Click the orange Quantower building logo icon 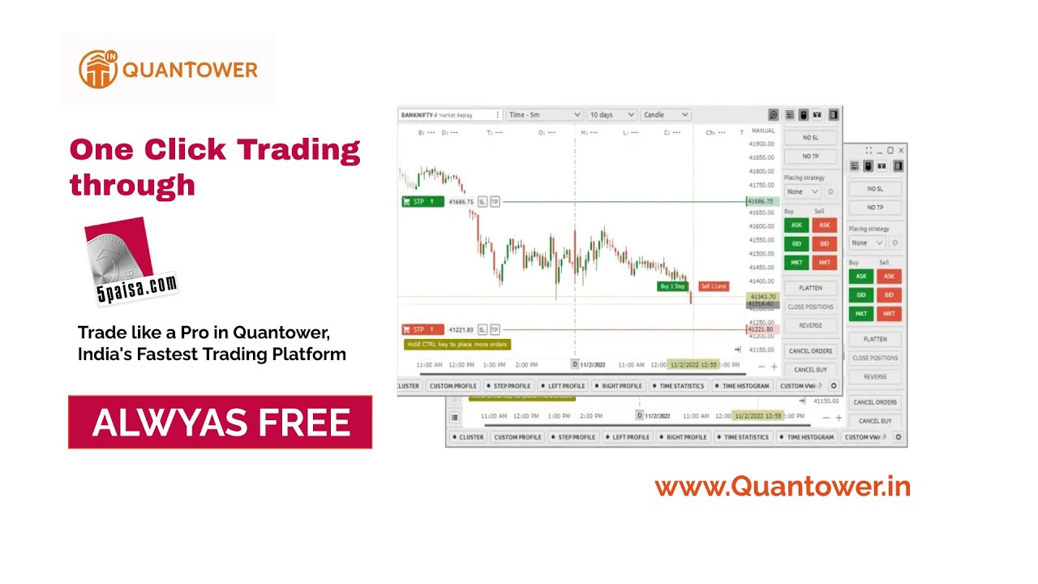[x=97, y=69]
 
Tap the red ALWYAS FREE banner [x=220, y=423]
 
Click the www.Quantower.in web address [x=783, y=487]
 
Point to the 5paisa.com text [x=137, y=288]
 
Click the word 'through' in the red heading [x=132, y=185]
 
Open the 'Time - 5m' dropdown [x=543, y=115]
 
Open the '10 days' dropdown [x=611, y=115]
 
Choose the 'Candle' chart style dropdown [x=665, y=115]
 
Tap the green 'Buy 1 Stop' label [x=672, y=286]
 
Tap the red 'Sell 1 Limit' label [x=714, y=286]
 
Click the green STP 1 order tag [x=422, y=201]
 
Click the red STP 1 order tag [x=422, y=329]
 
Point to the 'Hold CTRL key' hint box [x=457, y=344]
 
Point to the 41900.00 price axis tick [x=761, y=144]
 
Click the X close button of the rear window [x=901, y=151]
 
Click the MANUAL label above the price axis [x=763, y=131]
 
